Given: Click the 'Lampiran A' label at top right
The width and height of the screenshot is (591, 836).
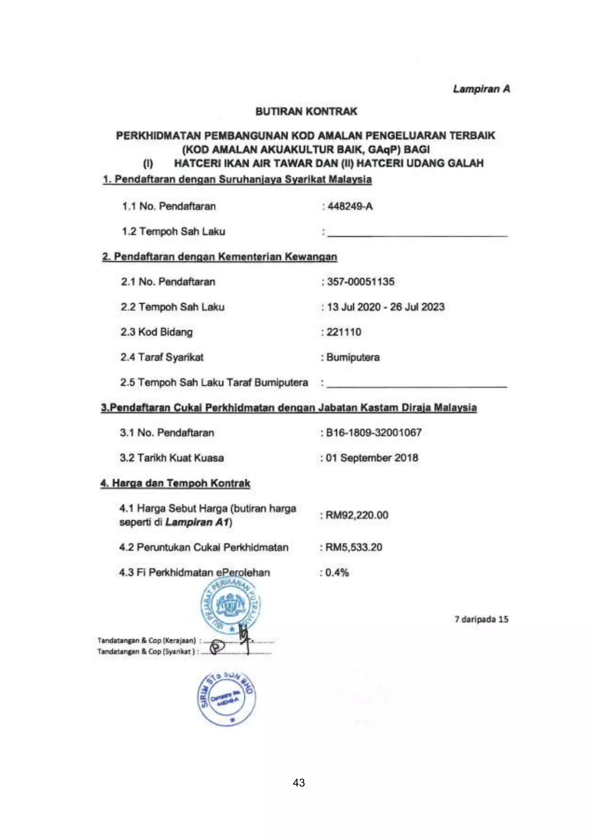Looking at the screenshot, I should coord(481,89).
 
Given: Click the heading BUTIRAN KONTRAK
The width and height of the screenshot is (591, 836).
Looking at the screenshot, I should coord(306,111).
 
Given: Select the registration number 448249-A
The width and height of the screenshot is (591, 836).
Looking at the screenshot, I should coord(350,206).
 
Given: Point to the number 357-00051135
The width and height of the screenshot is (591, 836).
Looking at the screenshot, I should coord(360,282).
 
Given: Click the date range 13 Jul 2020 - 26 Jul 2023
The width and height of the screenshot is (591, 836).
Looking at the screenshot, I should coord(385,307).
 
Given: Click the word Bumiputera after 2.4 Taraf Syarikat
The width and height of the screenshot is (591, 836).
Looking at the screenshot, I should coord(353,357).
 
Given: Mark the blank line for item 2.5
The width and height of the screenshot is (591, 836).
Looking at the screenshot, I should coord(416,384).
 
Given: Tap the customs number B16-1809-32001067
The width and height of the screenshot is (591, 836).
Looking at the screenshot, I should coord(373,433).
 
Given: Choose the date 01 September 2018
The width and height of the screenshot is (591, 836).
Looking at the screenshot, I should coord(372,458).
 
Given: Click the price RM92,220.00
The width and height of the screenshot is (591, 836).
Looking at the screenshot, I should coord(357,515).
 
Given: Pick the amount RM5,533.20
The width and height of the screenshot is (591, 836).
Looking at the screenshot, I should coord(354,547).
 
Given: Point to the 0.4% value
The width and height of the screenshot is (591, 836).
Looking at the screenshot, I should coord(337,573).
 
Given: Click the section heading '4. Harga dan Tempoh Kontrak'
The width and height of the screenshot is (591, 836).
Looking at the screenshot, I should coord(175,483).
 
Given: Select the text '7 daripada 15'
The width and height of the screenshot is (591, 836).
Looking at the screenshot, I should coord(481,619).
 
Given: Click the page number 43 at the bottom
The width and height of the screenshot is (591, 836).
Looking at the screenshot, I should coord(299,783).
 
